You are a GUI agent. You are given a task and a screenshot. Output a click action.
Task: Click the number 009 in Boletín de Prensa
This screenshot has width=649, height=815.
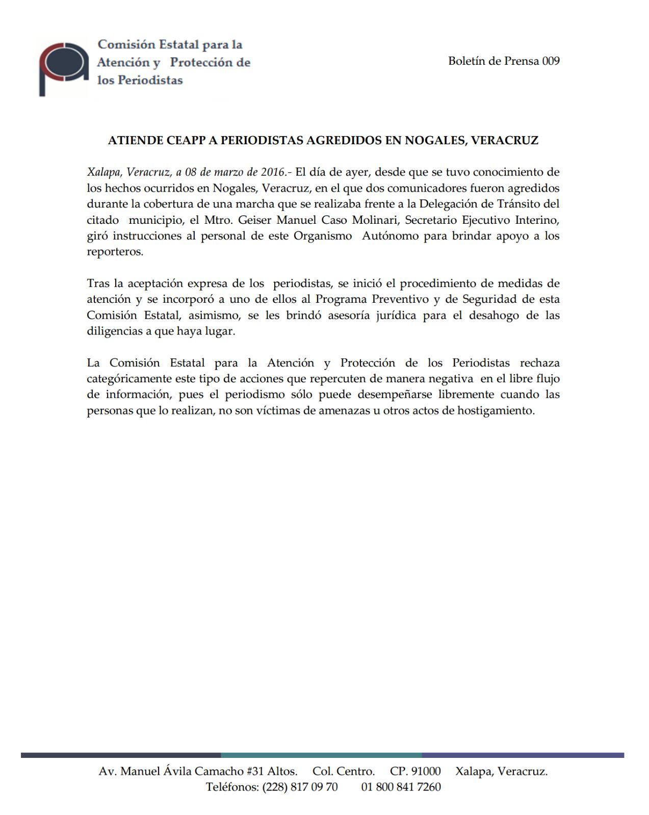(x=551, y=61)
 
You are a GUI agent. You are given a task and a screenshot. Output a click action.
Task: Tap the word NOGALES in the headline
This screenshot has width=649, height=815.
(x=435, y=141)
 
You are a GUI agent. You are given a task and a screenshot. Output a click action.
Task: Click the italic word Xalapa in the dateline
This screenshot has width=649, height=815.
(x=103, y=172)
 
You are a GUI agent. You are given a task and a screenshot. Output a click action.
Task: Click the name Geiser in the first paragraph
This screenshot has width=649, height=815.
(x=255, y=220)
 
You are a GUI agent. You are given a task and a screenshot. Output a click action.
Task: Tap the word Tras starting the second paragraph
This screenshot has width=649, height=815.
(x=98, y=283)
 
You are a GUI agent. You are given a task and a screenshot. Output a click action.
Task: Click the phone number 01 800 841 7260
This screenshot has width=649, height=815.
(x=401, y=787)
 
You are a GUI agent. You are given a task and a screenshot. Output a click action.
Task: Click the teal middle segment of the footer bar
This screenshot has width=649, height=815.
(x=321, y=755)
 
